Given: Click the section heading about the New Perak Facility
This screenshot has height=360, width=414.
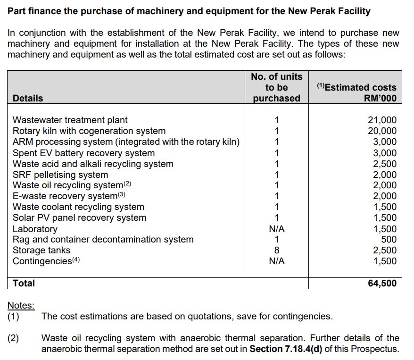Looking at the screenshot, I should (189, 11).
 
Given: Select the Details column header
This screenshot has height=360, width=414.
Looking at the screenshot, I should (28, 98).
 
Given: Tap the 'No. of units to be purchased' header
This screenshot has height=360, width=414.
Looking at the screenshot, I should (277, 87).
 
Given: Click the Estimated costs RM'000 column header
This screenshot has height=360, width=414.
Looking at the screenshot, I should (356, 92).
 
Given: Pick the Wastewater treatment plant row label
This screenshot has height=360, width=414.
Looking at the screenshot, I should (70, 120).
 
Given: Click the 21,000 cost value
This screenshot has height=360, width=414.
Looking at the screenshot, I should (382, 120).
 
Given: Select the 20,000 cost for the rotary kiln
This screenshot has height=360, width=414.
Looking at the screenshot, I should (382, 131).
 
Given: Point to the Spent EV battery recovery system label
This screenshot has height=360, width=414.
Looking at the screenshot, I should (83, 153).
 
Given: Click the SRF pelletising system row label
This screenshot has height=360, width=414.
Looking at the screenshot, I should (60, 175).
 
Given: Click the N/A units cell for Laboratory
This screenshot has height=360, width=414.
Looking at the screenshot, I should (277, 229).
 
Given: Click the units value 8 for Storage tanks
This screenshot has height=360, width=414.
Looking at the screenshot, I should (277, 251).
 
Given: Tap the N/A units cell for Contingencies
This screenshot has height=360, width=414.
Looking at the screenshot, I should (277, 261).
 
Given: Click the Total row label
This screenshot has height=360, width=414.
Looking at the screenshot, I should (24, 283).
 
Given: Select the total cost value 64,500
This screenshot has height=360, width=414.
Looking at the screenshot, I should (382, 283).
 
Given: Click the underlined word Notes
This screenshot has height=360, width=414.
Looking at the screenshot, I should (21, 306).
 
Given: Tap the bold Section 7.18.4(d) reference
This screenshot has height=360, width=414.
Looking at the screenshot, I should (286, 350).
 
